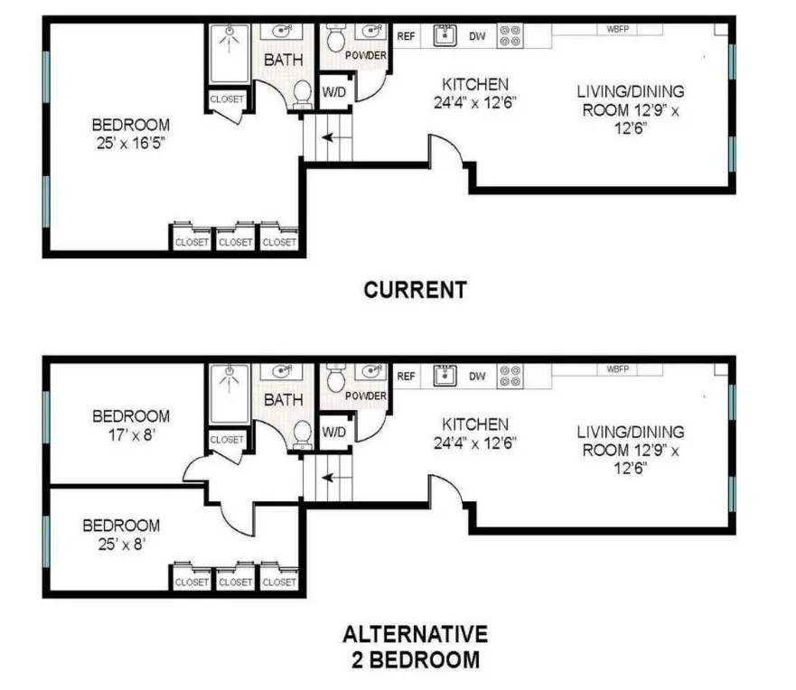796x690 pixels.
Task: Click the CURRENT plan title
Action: [x=415, y=290]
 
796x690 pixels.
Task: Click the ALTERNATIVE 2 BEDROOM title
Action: [x=415, y=647]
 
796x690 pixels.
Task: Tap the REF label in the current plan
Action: [x=406, y=36]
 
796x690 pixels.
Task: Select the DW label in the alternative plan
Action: [x=476, y=377]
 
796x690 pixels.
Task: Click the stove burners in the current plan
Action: [x=510, y=35]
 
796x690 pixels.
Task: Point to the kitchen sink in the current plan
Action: [x=444, y=35]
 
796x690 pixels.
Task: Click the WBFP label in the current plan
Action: [x=618, y=29]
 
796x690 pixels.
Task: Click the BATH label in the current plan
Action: [x=282, y=60]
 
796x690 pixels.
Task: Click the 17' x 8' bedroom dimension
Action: [x=131, y=434]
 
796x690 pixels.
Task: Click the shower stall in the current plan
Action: [x=232, y=52]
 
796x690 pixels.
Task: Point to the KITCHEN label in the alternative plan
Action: [x=474, y=424]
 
